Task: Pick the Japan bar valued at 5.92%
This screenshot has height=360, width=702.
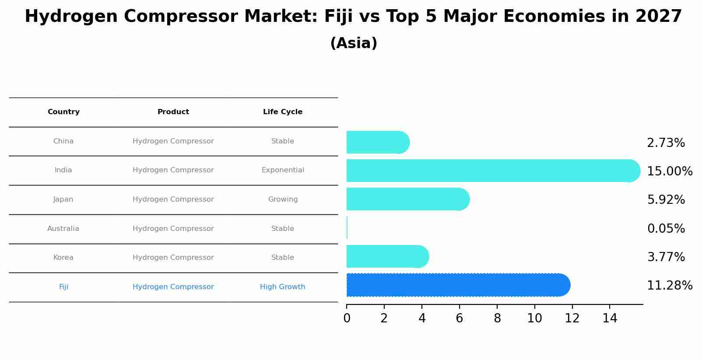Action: [x=407, y=199]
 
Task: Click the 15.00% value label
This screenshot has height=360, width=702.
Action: [x=669, y=171]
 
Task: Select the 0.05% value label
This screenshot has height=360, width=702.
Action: [x=666, y=229]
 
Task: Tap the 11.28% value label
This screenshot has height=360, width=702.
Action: [x=669, y=286]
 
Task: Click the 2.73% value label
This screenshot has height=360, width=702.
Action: [x=666, y=143]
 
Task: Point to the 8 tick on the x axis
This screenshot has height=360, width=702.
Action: [x=497, y=318]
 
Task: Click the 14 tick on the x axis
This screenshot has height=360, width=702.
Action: [x=610, y=318]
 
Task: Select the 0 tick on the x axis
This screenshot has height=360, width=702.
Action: [x=347, y=318]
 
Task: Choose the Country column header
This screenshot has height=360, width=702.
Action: [x=63, y=112]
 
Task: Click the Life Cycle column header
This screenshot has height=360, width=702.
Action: [x=283, y=112]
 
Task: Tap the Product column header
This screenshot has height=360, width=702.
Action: [x=173, y=112]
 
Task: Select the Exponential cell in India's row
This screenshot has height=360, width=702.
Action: [x=283, y=170]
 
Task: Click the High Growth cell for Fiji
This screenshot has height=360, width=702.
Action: [x=283, y=287]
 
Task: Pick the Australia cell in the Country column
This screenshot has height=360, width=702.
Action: [x=63, y=229]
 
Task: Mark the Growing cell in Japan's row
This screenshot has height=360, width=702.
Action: [x=283, y=199]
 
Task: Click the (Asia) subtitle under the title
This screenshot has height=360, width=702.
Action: [x=354, y=43]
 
